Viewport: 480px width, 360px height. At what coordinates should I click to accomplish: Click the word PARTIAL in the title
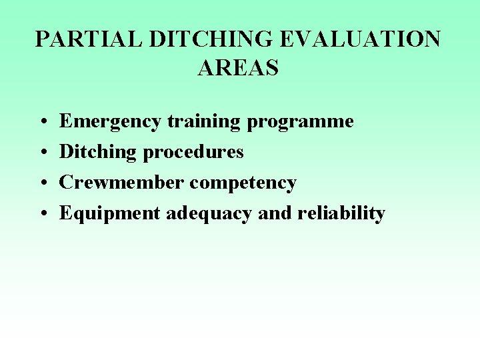point(89,39)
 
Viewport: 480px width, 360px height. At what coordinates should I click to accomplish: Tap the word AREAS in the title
point(238,67)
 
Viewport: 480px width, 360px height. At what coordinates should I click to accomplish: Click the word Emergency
point(111,122)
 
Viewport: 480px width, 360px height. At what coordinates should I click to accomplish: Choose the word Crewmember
point(123,182)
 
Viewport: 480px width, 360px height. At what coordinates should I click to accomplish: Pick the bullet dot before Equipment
point(42,214)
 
